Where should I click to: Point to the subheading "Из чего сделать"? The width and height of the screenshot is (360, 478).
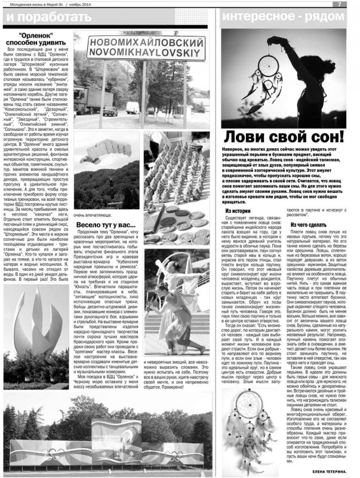307,225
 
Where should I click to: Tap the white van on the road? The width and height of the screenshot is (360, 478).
132,107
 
